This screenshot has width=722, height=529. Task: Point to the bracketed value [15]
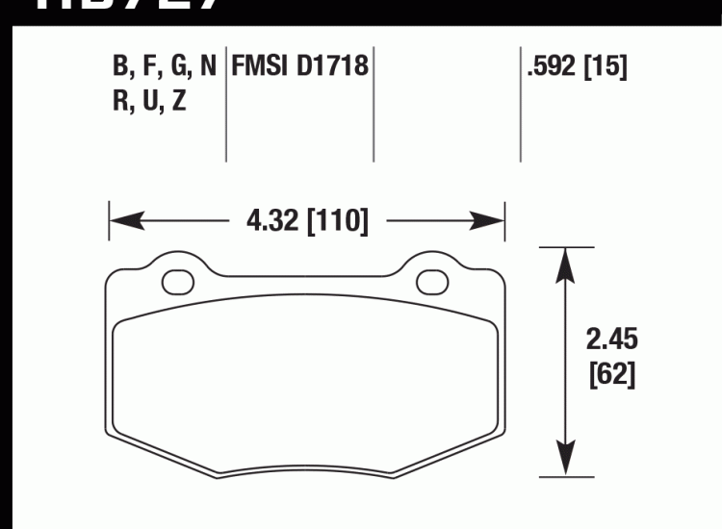click(606, 67)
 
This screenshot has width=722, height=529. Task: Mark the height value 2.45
click(612, 340)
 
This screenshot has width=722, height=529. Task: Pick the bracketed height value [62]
click(612, 373)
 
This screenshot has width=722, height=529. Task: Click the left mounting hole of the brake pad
click(176, 281)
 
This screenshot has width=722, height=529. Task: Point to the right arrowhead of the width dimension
click(491, 222)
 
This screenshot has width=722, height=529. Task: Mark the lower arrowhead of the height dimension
click(563, 463)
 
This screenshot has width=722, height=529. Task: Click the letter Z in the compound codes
click(179, 101)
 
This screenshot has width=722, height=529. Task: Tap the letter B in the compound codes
click(120, 67)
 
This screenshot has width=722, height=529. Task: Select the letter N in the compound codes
click(207, 67)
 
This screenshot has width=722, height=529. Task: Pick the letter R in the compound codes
click(120, 101)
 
